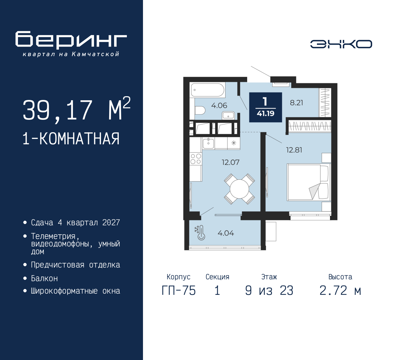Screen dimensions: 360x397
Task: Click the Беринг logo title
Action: [x=71, y=40]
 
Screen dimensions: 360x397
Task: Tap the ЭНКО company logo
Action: [x=341, y=44]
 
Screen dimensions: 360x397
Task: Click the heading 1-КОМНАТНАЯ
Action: [x=71, y=139]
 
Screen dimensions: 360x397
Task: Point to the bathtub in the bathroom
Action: [x=207, y=90]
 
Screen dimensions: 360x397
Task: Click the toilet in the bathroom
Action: [x=200, y=110]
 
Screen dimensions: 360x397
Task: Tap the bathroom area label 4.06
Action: [x=219, y=106]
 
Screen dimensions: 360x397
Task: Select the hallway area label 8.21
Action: [x=296, y=103]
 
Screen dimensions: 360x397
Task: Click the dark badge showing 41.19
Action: [x=265, y=107]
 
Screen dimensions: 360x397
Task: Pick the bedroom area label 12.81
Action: [x=294, y=150]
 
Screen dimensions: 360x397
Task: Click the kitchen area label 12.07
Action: [x=230, y=162]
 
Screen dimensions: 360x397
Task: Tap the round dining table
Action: [x=239, y=189]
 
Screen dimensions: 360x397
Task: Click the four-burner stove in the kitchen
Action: [x=196, y=159]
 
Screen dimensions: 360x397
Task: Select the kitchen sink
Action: [x=208, y=143]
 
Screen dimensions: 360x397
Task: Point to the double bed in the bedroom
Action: [x=309, y=182]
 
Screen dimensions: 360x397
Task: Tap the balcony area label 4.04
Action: [x=225, y=233]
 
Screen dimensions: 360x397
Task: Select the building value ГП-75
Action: [x=179, y=291]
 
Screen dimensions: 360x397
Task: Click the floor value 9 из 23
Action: [x=269, y=291]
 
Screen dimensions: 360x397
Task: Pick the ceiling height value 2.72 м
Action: [x=340, y=291]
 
